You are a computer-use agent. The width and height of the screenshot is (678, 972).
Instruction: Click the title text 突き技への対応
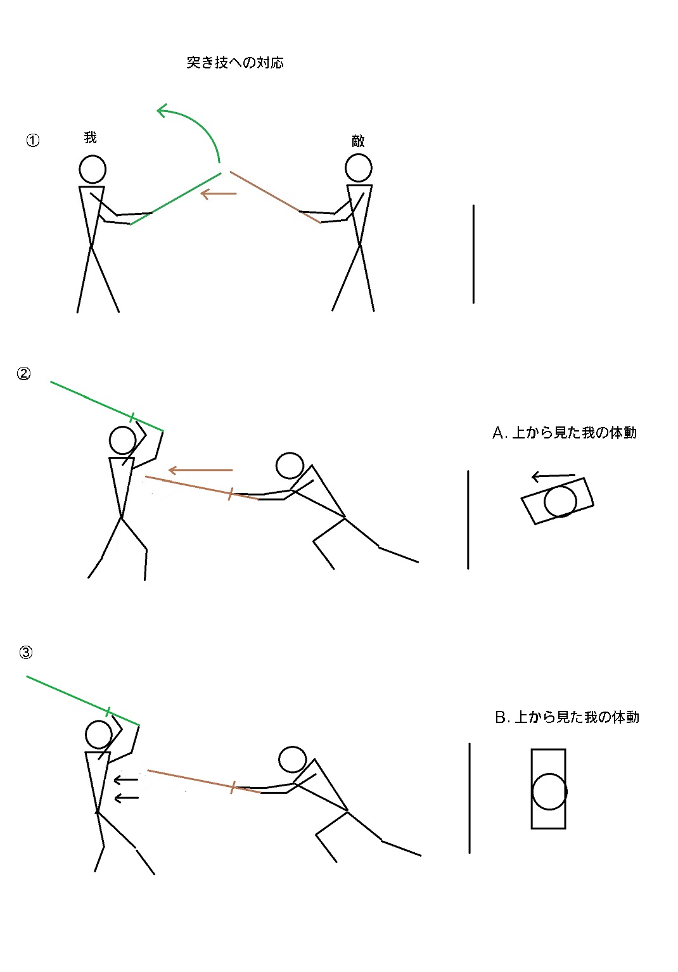coord(235,63)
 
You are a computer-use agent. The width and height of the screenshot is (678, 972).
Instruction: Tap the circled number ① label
coord(32,140)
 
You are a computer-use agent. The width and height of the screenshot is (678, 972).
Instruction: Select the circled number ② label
coord(23,374)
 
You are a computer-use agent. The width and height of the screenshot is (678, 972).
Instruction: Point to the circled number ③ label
coord(25,652)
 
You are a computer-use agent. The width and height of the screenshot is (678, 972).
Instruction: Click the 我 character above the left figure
coord(90,137)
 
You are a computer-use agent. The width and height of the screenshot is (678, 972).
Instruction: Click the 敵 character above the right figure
coord(358,141)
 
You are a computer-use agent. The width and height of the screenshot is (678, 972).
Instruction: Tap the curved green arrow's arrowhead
coord(162,110)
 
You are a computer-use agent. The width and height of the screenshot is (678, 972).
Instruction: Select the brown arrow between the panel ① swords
coord(219,193)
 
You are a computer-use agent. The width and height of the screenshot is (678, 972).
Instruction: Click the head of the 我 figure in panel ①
coord(93,169)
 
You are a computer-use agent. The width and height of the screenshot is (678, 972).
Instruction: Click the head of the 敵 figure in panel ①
coord(359,168)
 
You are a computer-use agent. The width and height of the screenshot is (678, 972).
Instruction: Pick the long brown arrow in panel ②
coord(200,470)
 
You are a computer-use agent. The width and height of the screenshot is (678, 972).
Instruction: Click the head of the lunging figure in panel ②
coord(290,466)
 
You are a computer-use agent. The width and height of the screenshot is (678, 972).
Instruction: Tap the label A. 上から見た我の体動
coord(565,433)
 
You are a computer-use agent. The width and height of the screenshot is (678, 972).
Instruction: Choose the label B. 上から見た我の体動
coord(567,717)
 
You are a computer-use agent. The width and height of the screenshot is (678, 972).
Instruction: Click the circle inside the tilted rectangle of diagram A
coord(560,501)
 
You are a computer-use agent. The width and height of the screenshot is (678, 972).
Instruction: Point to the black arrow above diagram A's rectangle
coord(553,476)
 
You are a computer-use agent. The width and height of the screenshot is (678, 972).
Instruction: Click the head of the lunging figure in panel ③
coord(293,759)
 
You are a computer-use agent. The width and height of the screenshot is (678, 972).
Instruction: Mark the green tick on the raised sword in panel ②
coord(132,418)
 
